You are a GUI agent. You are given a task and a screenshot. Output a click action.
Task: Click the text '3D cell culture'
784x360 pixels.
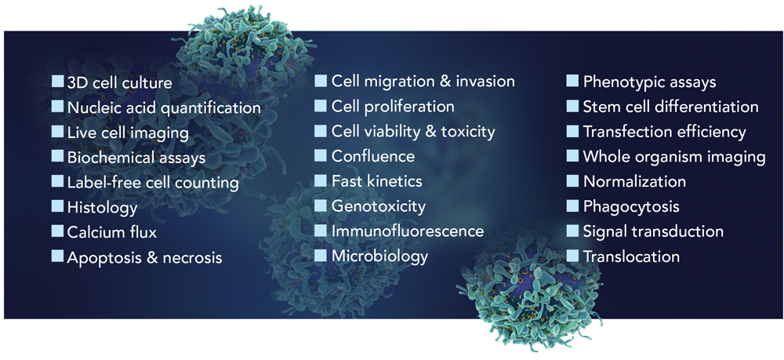click(119, 82)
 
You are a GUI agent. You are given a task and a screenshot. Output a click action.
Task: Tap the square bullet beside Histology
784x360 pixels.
click(58, 205)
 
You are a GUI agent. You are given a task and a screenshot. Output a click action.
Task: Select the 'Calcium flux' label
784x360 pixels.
click(112, 232)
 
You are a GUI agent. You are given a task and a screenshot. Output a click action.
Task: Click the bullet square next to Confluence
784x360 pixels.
click(321, 155)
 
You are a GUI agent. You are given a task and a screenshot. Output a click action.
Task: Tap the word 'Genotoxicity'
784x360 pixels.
click(379, 206)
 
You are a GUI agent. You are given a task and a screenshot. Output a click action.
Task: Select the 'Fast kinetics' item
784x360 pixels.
click(377, 180)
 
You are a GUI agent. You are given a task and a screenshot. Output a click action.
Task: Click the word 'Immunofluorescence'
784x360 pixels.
click(408, 231)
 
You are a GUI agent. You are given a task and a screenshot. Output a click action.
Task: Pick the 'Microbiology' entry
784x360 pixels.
click(380, 256)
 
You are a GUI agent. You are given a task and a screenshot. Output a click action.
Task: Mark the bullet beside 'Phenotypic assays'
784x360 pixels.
click(572, 81)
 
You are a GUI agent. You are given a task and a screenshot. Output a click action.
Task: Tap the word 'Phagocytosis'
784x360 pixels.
click(631, 206)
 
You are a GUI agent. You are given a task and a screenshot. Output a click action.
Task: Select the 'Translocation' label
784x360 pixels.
click(631, 256)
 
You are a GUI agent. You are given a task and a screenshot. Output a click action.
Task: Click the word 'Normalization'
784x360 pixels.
click(634, 181)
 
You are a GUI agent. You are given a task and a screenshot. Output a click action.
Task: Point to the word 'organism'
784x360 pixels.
click(676, 157)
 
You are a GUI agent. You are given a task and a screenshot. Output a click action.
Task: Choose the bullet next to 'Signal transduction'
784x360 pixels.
click(572, 231)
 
